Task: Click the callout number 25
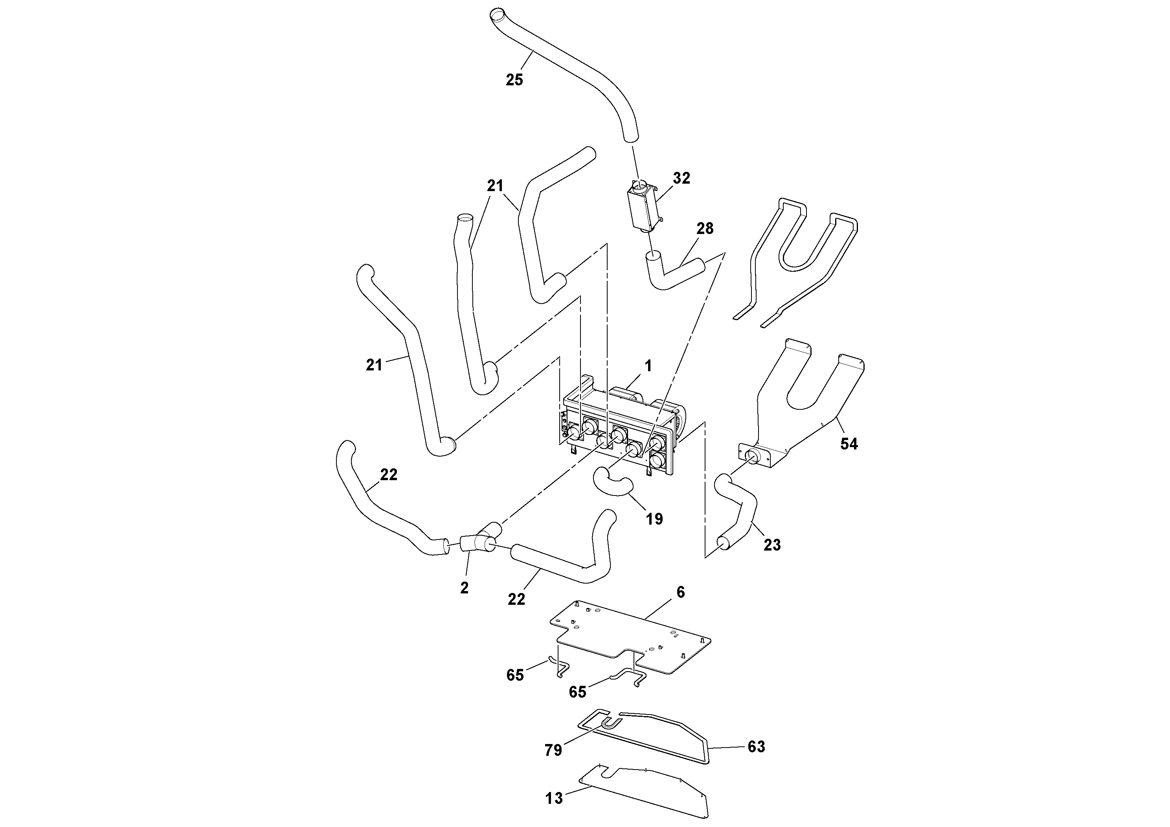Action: pyautogui.click(x=514, y=80)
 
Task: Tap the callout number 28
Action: pyautogui.click(x=705, y=228)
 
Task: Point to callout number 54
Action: pyautogui.click(x=849, y=444)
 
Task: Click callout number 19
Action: pyautogui.click(x=654, y=519)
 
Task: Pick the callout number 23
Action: pyautogui.click(x=772, y=545)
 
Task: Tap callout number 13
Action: pyautogui.click(x=554, y=798)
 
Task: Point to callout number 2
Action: pyautogui.click(x=464, y=588)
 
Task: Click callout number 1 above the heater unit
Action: pyautogui.click(x=648, y=366)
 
